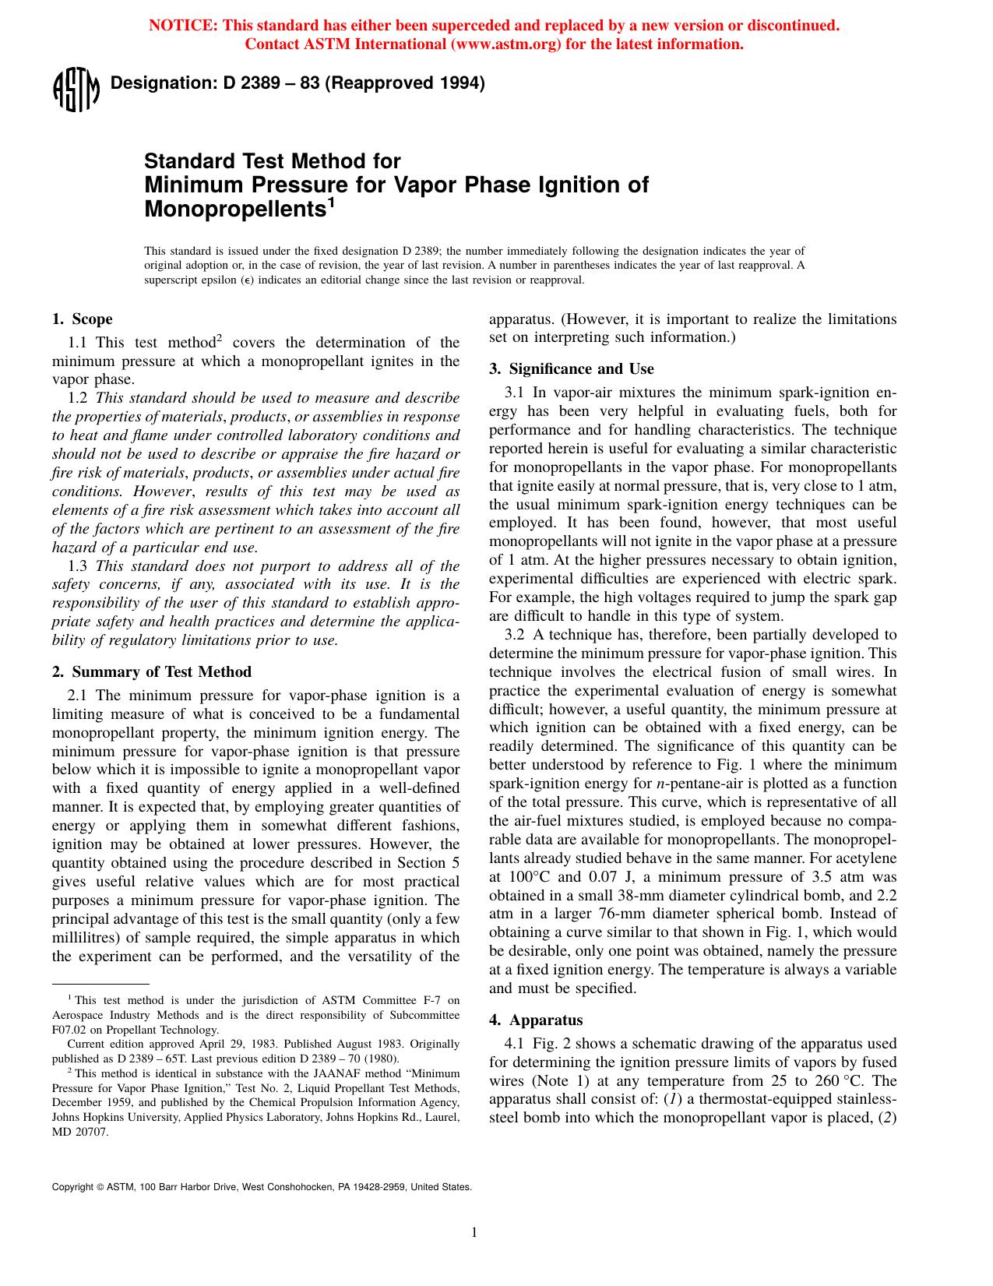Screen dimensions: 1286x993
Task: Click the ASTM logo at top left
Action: point(76,91)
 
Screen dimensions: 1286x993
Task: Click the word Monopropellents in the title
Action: point(234,210)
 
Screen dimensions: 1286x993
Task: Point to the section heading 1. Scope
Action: point(82,319)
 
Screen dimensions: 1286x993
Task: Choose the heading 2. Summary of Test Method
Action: point(152,671)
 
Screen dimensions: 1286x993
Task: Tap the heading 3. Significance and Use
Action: point(571,368)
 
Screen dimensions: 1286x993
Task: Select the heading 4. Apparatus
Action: point(536,1020)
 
